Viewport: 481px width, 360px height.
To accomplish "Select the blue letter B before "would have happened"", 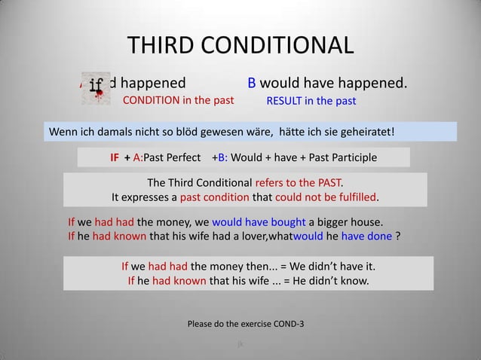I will click(x=253, y=81).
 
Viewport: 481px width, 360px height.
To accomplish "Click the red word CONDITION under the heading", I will click(x=151, y=99).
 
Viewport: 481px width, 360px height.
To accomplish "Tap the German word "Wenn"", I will click(x=63, y=133).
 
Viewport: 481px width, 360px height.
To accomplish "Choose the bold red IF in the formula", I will click(x=115, y=158).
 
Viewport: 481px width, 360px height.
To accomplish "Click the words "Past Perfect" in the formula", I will click(x=173, y=158).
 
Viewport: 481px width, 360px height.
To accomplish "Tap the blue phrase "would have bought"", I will click(x=259, y=223).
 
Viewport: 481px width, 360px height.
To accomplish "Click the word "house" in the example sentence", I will click(x=364, y=223).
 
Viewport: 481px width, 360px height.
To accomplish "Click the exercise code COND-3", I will click(x=288, y=325).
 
